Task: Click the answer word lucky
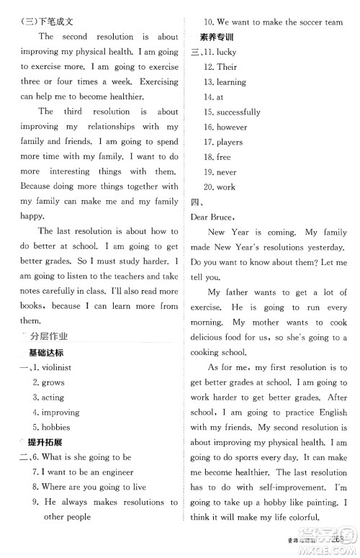(226, 52)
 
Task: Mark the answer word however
(232, 127)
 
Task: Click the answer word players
(230, 142)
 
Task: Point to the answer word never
(227, 172)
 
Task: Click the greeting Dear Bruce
(213, 217)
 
